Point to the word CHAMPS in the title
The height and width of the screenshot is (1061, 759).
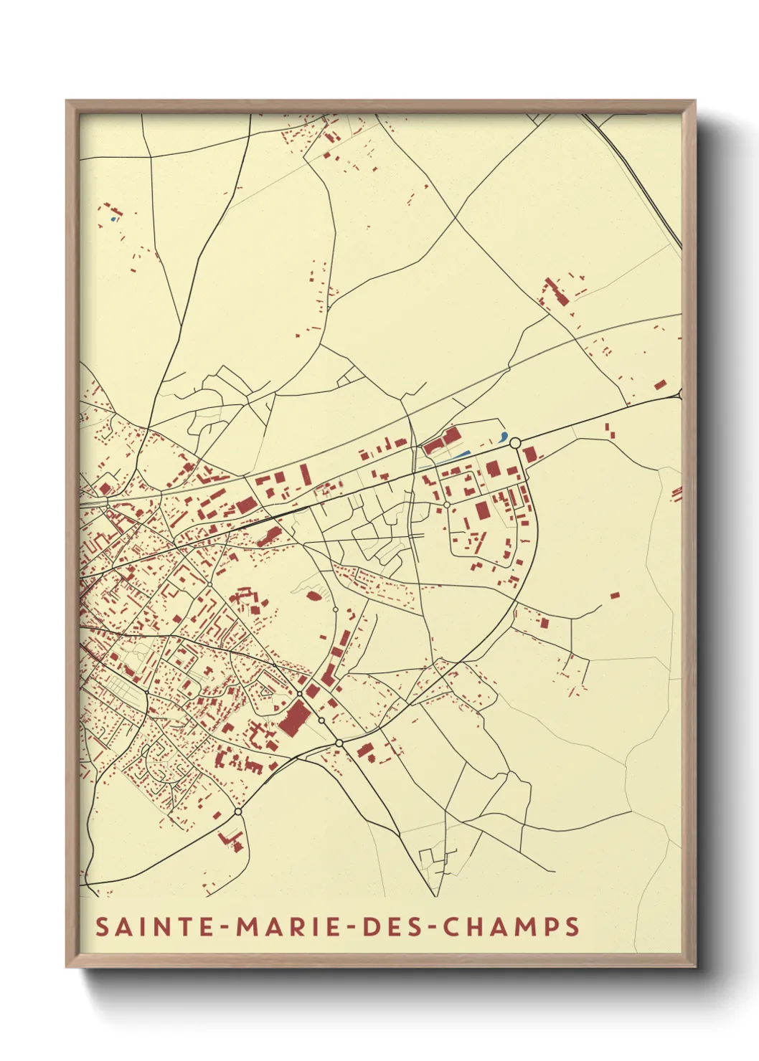coord(511,926)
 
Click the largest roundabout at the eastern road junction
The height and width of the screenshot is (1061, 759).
coord(514,444)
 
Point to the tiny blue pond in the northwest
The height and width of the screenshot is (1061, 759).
coord(113,219)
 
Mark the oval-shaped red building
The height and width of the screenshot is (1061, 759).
coord(313,594)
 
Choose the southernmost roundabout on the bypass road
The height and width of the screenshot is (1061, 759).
coord(237,812)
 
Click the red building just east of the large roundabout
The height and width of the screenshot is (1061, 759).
coord(529,455)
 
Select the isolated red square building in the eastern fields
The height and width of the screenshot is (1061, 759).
coord(614,595)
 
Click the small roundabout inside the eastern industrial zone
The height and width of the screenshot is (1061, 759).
coord(447,505)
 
